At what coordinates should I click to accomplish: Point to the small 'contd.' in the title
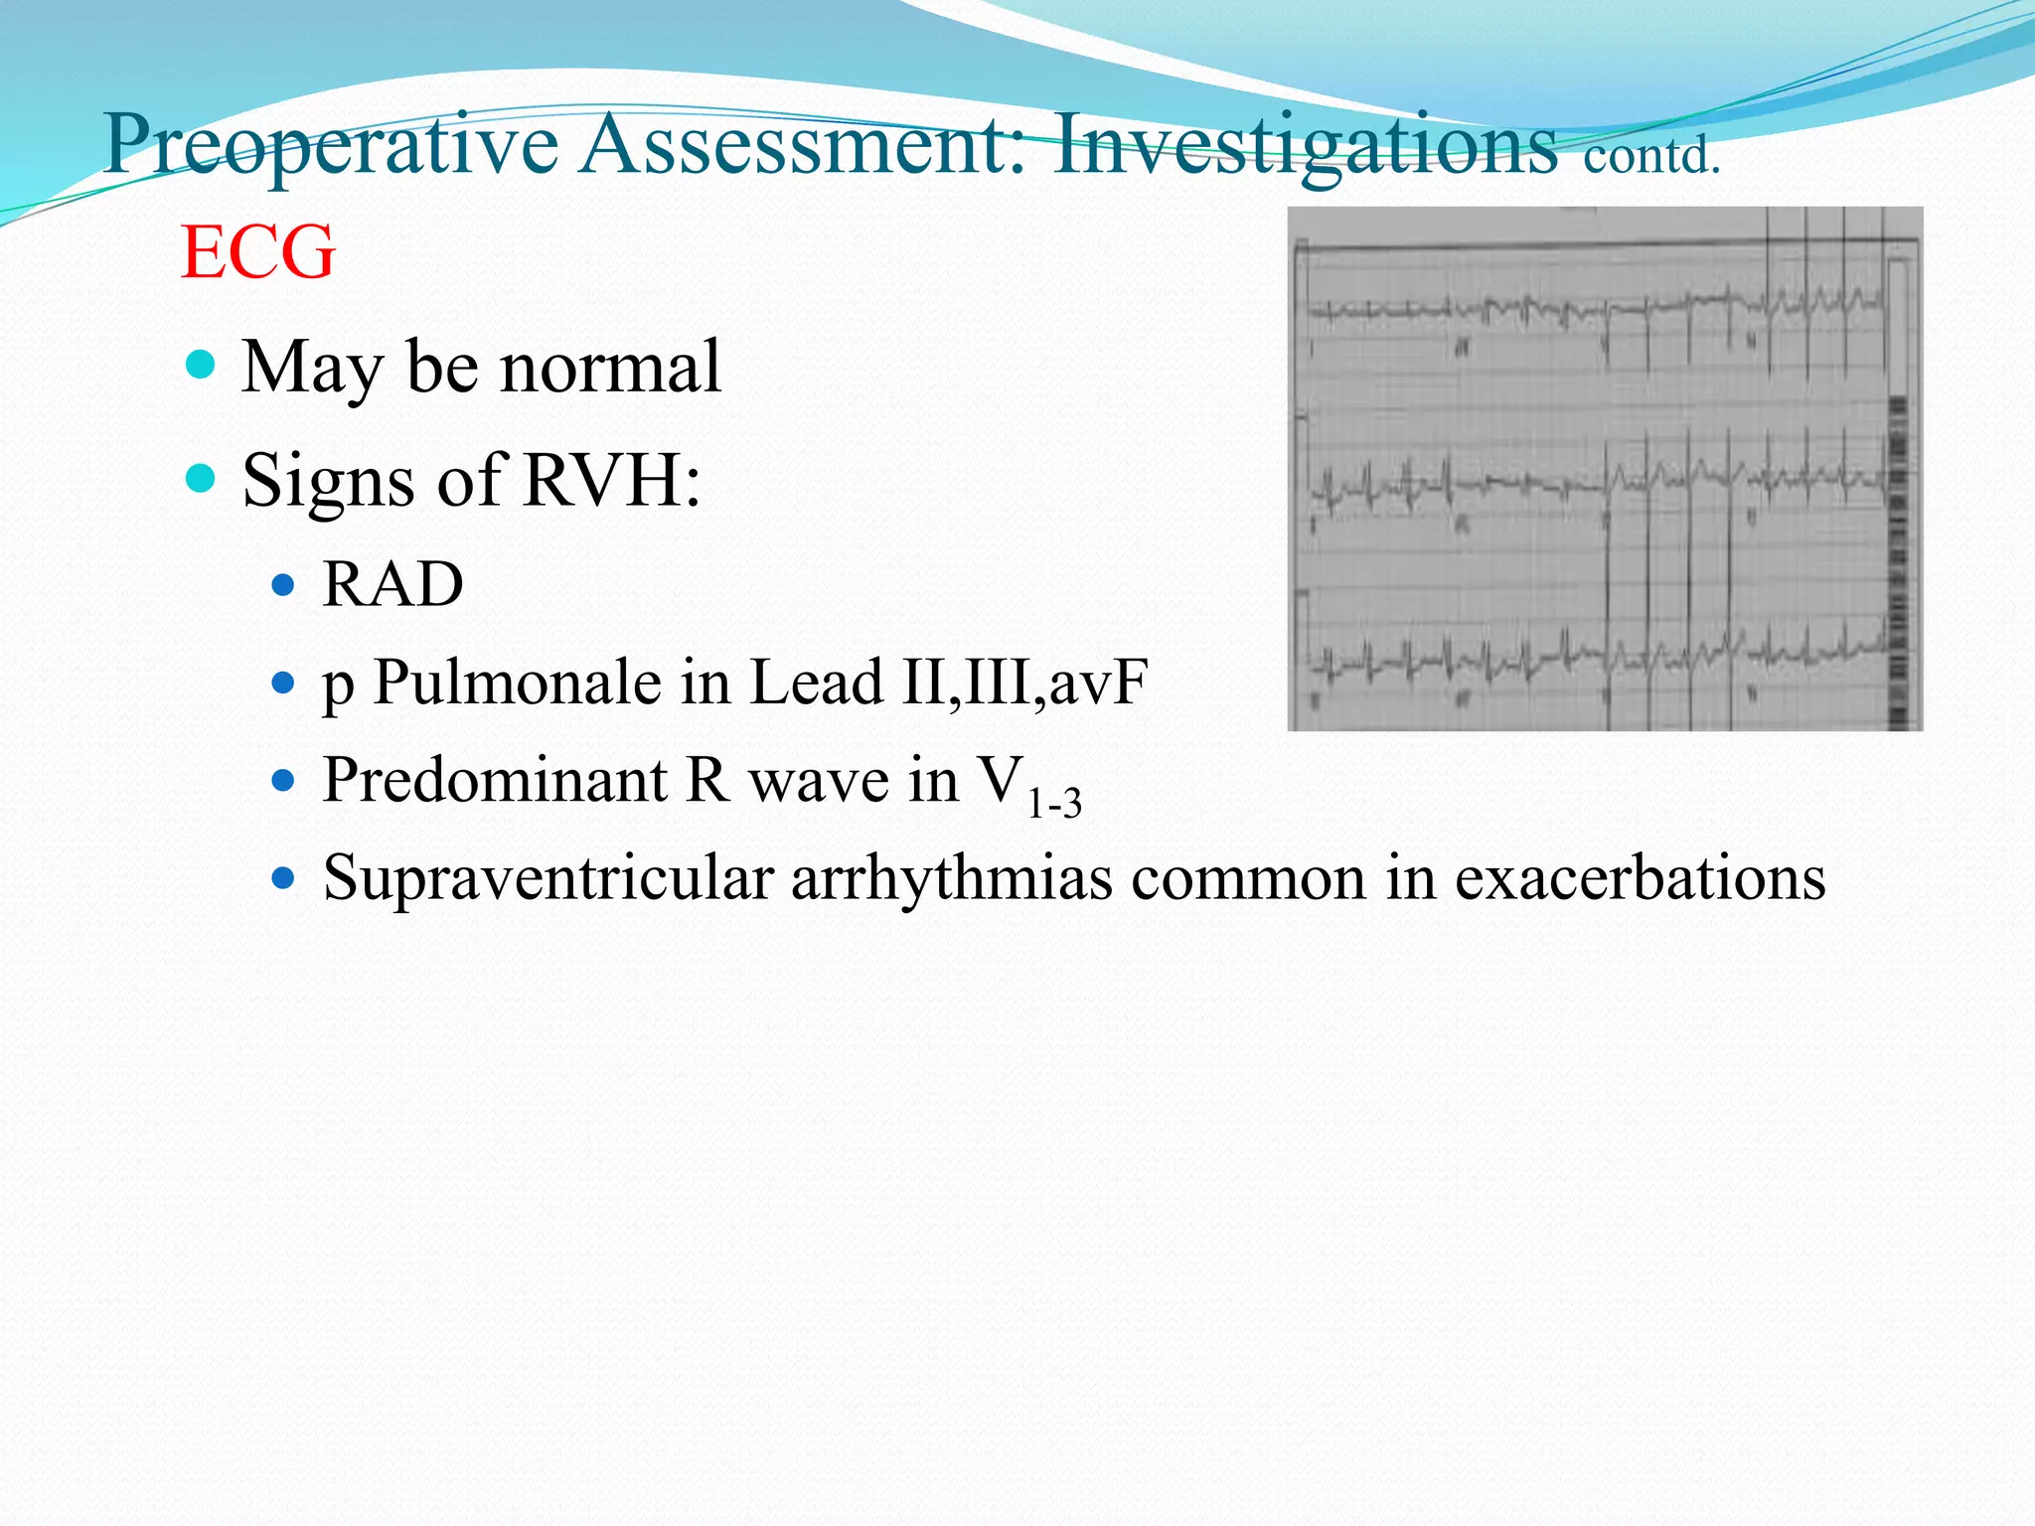pos(1651,157)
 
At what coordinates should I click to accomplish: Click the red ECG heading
pos(258,252)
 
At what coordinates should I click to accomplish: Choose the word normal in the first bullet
pos(610,368)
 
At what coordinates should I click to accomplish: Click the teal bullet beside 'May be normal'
pos(201,365)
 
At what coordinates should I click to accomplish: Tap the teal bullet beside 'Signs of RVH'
pos(201,479)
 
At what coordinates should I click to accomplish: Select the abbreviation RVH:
pos(612,481)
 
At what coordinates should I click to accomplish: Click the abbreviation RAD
pos(392,584)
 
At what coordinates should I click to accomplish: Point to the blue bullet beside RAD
pos(283,584)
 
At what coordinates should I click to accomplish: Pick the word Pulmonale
pos(518,684)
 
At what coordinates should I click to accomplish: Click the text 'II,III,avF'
pos(1023,684)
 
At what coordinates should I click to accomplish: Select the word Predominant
pos(494,781)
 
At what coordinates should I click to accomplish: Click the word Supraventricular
pos(548,879)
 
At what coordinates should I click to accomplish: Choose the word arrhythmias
pos(952,879)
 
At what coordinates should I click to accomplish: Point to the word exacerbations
pos(1640,879)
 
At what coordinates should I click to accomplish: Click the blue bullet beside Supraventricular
pos(283,879)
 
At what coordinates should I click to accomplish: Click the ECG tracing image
pos(1605,469)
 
